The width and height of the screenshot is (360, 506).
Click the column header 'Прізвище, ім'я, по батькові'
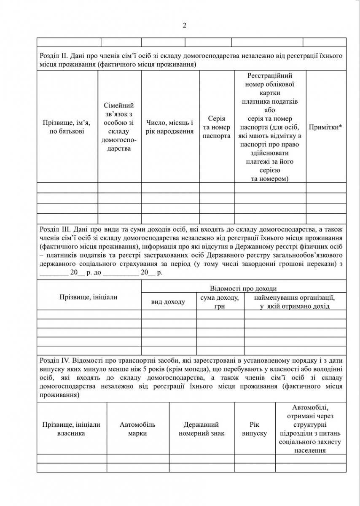click(67, 127)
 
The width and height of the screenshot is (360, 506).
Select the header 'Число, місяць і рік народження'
click(170, 127)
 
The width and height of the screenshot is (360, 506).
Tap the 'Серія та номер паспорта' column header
click(217, 127)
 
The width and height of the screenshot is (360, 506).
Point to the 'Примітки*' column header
click(325, 127)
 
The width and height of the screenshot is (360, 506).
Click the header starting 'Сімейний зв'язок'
click(119, 127)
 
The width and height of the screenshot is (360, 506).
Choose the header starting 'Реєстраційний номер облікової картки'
click(270, 127)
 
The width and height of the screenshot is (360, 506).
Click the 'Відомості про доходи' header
click(243, 288)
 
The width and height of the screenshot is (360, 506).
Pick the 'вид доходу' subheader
click(168, 302)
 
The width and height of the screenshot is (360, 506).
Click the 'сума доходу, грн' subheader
click(220, 302)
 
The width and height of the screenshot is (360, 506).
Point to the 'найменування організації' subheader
click(294, 302)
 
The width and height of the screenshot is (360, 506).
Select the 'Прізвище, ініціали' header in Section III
click(89, 297)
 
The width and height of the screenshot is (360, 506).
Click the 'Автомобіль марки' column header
click(138, 429)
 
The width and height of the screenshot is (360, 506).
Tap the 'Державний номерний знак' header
click(201, 429)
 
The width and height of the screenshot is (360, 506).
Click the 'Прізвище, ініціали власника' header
click(71, 429)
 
